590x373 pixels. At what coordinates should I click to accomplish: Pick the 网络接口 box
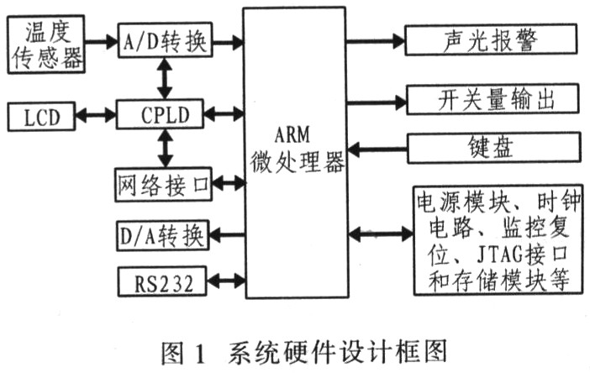[x=164, y=182]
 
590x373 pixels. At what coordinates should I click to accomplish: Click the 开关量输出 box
[x=491, y=100]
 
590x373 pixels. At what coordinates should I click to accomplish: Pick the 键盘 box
[x=491, y=149]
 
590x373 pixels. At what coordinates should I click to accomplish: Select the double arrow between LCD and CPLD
[x=92, y=114]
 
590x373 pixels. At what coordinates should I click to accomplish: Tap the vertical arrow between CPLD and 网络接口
[x=165, y=148]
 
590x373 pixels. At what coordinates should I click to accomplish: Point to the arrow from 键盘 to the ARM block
[x=376, y=150]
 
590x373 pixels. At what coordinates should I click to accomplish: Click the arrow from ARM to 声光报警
[x=376, y=39]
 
